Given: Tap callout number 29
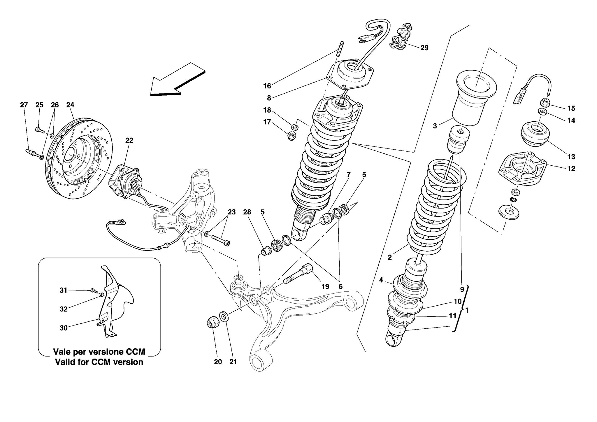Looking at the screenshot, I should (x=424, y=48).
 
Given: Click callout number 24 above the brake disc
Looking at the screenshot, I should (x=70, y=105).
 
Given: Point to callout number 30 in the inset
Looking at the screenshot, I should (x=64, y=328).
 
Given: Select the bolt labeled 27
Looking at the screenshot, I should (x=31, y=153).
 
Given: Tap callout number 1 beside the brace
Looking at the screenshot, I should (x=467, y=311).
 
